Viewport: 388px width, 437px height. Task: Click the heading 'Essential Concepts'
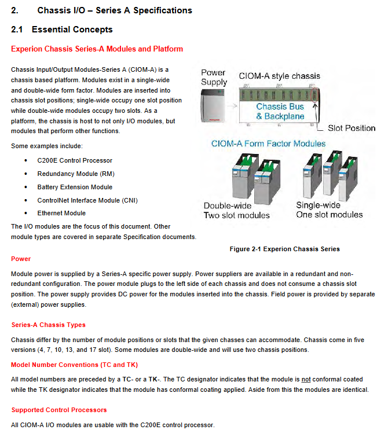point(72,30)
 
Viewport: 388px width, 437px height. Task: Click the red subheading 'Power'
point(21,259)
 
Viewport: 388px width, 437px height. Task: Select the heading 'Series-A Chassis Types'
point(48,325)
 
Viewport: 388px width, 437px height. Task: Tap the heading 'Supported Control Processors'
point(59,410)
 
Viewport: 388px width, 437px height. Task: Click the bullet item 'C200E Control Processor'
point(75,160)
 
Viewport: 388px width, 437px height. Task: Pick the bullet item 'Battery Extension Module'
point(75,187)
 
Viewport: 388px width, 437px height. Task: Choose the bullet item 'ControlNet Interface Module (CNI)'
point(87,200)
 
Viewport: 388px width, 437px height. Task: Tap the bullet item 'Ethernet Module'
point(61,214)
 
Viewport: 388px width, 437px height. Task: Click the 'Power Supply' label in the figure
point(214,77)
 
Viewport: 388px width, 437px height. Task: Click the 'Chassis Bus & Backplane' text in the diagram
point(280,111)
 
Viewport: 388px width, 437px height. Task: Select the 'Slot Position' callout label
point(352,128)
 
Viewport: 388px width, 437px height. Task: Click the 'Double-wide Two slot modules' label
point(236,211)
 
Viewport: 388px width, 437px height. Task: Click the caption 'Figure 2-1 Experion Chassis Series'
point(284,249)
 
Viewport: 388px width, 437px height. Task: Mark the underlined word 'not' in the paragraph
point(306,380)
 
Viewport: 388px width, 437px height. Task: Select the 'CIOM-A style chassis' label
point(279,76)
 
